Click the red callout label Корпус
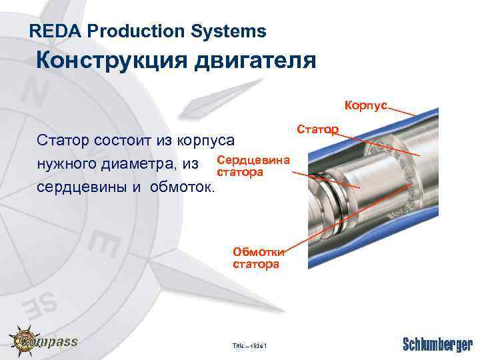point(365,105)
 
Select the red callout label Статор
point(316,128)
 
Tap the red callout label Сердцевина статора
point(253,167)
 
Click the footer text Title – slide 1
point(250,345)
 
